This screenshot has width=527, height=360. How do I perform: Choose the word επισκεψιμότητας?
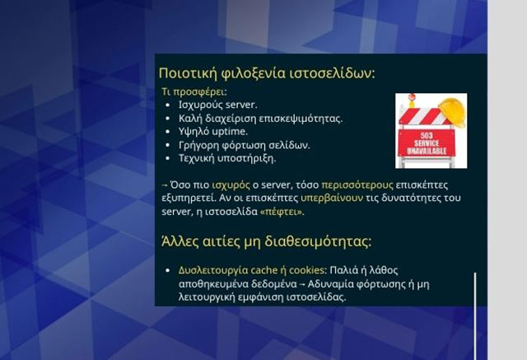tap(301, 118)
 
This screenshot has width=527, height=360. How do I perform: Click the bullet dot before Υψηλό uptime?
tap(168, 131)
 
